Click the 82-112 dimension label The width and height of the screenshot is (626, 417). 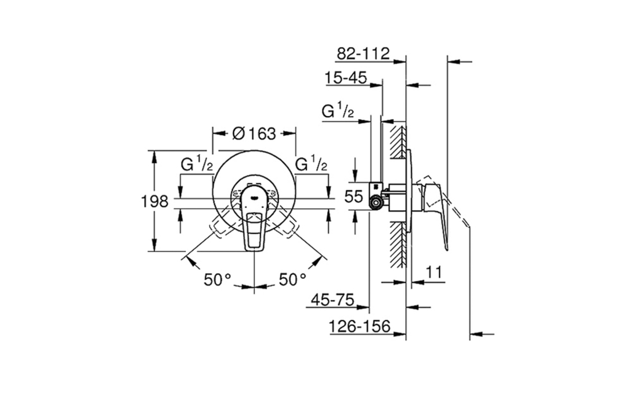click(363, 53)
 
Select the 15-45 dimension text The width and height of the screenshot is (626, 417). click(346, 78)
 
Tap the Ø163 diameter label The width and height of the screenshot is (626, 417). click(254, 133)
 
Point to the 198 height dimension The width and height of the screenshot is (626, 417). click(155, 201)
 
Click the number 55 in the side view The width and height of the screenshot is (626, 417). click(354, 196)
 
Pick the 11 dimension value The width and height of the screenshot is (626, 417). click(434, 272)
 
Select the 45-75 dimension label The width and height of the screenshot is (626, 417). click(333, 300)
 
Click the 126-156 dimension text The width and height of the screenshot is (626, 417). click(359, 326)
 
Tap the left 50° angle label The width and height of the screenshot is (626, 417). click(218, 279)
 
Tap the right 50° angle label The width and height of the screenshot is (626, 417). click(292, 279)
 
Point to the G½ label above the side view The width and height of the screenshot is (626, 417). click(338, 110)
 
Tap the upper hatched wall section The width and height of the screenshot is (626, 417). click(398, 142)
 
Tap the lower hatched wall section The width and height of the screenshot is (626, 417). click(398, 245)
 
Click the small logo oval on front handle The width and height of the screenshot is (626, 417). click(254, 198)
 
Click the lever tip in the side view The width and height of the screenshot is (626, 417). click(447, 249)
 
